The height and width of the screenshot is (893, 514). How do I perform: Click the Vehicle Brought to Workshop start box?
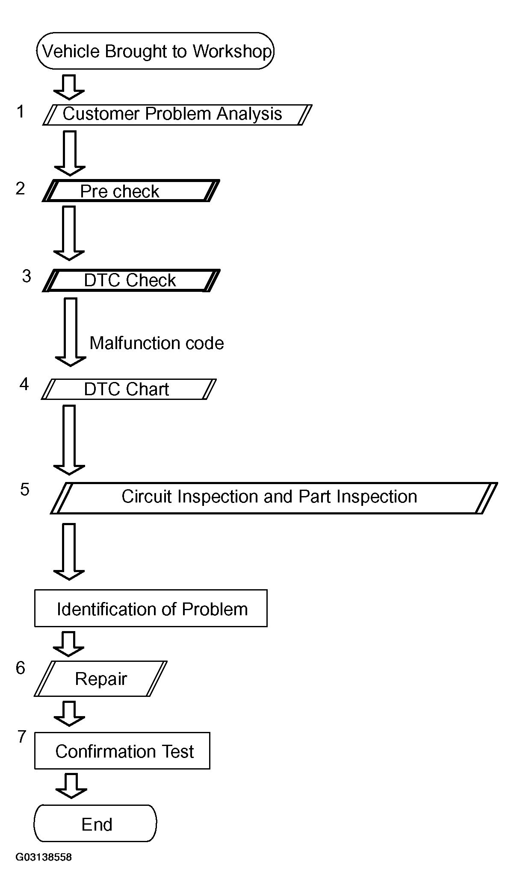point(155,51)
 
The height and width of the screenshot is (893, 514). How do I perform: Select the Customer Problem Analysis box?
point(177,115)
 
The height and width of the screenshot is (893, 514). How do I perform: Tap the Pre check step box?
point(131,191)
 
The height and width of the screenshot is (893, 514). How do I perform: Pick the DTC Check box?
point(131,280)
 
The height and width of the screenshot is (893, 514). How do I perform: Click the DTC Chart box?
point(129,389)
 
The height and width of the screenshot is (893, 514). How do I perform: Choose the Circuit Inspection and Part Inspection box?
point(274,498)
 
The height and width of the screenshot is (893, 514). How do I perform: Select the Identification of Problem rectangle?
point(151,608)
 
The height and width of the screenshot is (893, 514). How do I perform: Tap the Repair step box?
point(100,679)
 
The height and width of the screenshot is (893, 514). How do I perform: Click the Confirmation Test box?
point(122,751)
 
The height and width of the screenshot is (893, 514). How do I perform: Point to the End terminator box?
point(95,823)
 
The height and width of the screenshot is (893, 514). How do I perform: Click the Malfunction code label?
point(157,343)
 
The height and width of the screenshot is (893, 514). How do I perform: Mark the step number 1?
point(21,112)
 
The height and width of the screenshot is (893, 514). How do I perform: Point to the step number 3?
point(27,276)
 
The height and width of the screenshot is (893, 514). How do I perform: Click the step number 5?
point(25,490)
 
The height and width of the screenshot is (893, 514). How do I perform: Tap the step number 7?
point(22,737)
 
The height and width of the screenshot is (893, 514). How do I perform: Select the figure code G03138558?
point(44,858)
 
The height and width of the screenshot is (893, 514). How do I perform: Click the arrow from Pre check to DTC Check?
point(69,233)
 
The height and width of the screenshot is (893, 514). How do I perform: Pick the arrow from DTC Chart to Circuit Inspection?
point(69,440)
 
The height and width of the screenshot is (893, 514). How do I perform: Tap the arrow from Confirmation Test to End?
point(71,785)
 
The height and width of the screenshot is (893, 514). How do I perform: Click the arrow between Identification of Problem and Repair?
point(68,643)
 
